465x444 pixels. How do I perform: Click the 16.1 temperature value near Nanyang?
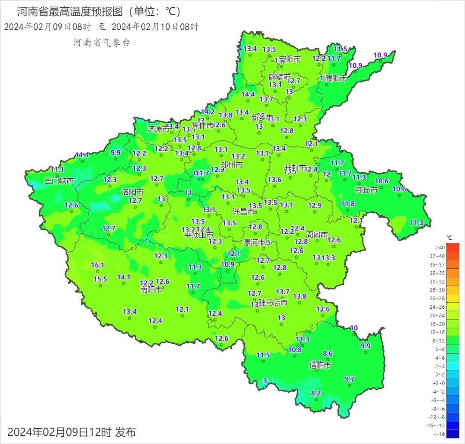98,265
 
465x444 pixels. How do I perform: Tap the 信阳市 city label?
320,366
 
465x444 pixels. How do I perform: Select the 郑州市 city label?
231,165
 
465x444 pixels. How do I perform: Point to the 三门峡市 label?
59,181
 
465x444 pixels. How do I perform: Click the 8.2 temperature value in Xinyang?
316,393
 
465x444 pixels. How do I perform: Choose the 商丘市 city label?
367,189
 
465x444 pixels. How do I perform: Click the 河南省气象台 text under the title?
101,42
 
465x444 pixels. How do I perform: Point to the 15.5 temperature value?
100,279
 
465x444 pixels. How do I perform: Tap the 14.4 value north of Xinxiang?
248,94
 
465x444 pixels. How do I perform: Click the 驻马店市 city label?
273,303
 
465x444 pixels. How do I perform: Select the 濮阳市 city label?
336,78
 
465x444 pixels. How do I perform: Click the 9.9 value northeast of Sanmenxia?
115,152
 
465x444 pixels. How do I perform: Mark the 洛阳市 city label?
132,192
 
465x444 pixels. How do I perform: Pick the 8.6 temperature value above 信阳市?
328,353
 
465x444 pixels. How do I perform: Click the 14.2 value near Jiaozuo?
208,111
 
